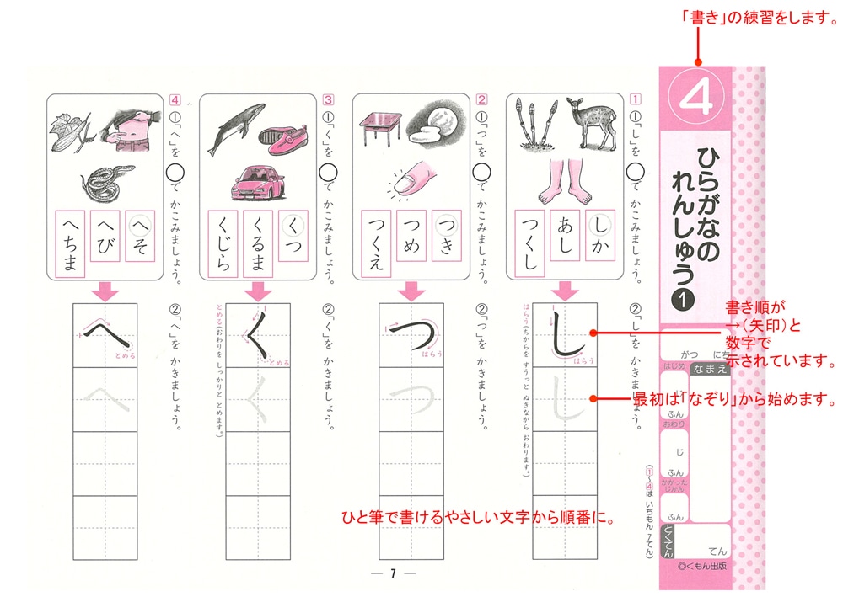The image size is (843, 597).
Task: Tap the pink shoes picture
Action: [x=282, y=135]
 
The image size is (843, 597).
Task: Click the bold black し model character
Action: [x=565, y=337]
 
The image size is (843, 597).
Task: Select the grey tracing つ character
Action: [x=411, y=399]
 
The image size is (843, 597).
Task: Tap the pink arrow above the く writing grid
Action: [x=256, y=291]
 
